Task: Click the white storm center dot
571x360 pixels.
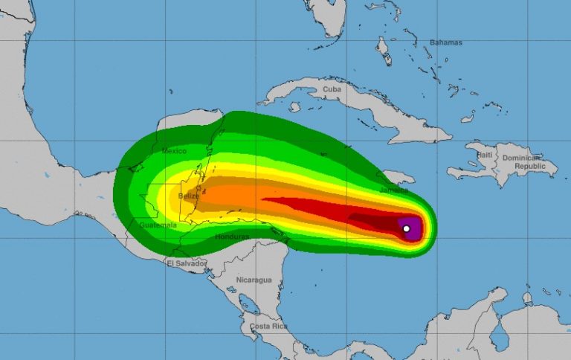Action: [x=406, y=228]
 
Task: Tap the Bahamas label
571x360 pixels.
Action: [x=445, y=42]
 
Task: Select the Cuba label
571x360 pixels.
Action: [x=332, y=89]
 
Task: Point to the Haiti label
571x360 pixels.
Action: [x=485, y=155]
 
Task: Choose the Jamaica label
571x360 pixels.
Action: [x=394, y=190]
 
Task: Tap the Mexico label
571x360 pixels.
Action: [x=174, y=151]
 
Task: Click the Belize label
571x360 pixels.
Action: [x=190, y=196]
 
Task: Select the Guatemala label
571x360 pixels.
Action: [x=158, y=225]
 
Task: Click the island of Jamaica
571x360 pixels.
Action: [x=398, y=178]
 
